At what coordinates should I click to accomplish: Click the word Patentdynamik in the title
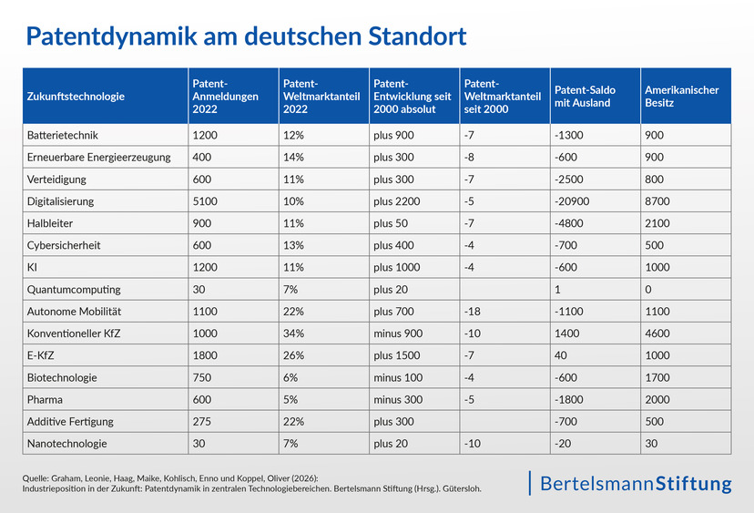point(112,36)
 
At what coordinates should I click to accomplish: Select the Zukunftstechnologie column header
point(76,97)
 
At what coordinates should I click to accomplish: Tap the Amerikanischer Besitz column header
point(681,97)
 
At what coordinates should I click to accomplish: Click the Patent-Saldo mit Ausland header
point(585,97)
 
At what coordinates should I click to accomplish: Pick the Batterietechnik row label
point(63,135)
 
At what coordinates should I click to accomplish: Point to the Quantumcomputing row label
point(74,290)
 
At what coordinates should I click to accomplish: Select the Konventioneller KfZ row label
point(74,333)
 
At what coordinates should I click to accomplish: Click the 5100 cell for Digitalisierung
point(205,201)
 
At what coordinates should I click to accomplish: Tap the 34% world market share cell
point(293,333)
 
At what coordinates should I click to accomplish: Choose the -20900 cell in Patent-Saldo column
point(572,201)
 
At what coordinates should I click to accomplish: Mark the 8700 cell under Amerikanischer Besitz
point(657,201)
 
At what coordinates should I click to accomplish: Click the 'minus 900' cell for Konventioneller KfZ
point(398,333)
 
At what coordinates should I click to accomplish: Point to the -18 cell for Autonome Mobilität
point(472,312)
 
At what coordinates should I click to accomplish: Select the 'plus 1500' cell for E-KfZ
point(397,355)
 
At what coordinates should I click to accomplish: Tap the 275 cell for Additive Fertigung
point(201,422)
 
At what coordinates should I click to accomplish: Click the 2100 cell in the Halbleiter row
point(657,223)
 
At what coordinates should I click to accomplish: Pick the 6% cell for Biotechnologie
point(290,378)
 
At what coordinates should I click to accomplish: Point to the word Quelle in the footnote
point(35,478)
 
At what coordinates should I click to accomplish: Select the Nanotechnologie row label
point(66,444)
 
